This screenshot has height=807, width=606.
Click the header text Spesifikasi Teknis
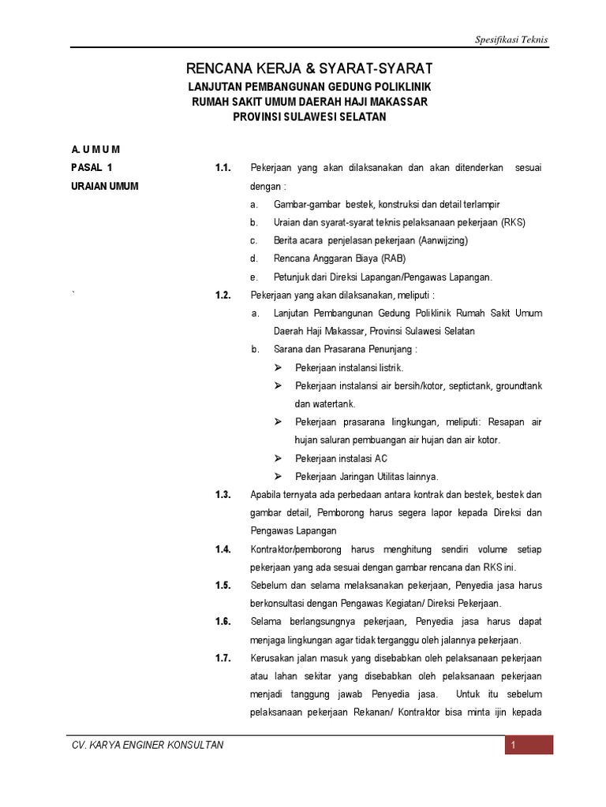pos(510,39)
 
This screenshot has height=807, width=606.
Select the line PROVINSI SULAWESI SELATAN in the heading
pos(309,117)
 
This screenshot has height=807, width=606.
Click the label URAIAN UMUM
pos(105,186)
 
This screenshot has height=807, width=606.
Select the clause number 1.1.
pos(223,168)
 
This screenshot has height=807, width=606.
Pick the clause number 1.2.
pos(223,296)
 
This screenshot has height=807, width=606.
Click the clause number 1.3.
pos(223,495)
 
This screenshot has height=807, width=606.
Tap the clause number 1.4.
pos(223,549)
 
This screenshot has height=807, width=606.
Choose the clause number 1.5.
pos(223,586)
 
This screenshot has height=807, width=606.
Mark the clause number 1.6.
pos(223,622)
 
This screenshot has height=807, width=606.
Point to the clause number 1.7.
pos(223,658)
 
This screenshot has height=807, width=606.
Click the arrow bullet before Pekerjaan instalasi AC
pos(279,459)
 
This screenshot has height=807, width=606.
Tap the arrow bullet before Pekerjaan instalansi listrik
pos(279,368)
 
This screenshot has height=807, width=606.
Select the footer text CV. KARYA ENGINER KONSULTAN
pos(148,746)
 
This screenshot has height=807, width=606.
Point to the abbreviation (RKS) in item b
pos(511,222)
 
